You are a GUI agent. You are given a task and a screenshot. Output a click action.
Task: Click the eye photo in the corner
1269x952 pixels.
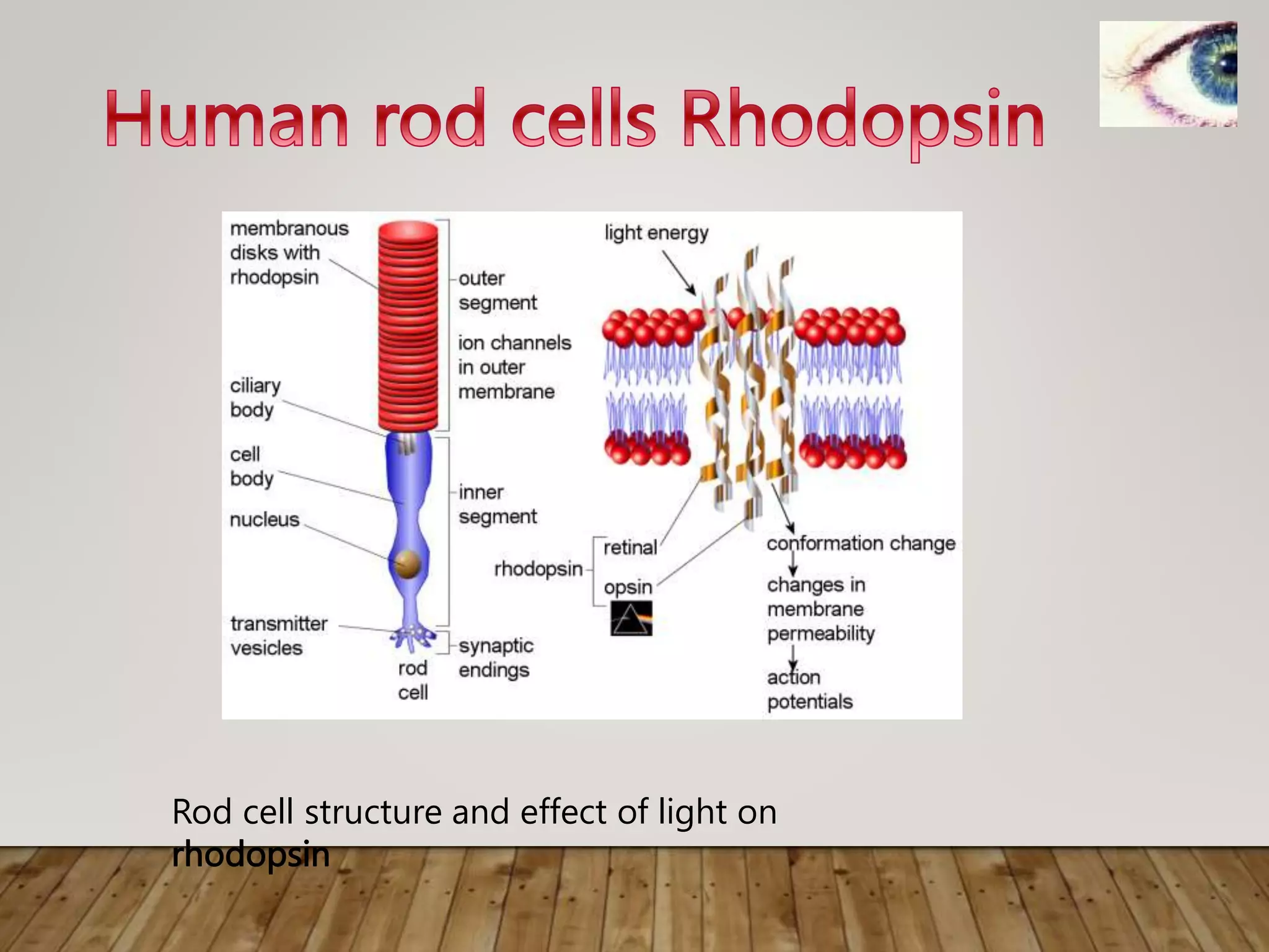click(x=1168, y=74)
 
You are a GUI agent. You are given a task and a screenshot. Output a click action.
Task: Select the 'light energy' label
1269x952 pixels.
click(x=656, y=233)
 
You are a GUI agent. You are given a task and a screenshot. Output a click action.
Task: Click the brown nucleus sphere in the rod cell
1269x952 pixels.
click(x=408, y=563)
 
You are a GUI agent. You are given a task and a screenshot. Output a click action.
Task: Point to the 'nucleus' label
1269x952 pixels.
click(x=265, y=519)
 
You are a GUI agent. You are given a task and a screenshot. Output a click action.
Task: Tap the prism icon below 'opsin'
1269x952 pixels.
click(x=631, y=619)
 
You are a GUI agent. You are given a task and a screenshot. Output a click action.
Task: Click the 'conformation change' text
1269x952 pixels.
click(x=861, y=544)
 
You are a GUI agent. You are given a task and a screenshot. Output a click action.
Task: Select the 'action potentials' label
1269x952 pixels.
click(x=809, y=689)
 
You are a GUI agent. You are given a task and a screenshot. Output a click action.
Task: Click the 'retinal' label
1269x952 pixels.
click(x=630, y=547)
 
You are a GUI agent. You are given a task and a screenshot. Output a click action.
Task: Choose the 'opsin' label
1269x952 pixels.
click(x=628, y=586)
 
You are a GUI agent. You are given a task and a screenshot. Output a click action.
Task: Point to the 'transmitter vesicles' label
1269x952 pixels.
click(x=278, y=635)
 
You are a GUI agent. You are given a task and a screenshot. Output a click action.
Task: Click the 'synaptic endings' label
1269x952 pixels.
click(x=495, y=658)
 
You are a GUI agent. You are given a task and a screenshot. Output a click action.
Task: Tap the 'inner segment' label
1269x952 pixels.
click(x=498, y=504)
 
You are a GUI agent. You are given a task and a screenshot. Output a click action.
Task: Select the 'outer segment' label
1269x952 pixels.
click(x=498, y=290)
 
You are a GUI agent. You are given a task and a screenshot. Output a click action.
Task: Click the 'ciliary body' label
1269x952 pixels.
click(x=255, y=397)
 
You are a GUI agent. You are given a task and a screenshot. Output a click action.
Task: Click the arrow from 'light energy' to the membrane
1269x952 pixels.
click(x=679, y=273)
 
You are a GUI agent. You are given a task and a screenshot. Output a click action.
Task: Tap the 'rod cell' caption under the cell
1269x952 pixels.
click(x=413, y=680)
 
